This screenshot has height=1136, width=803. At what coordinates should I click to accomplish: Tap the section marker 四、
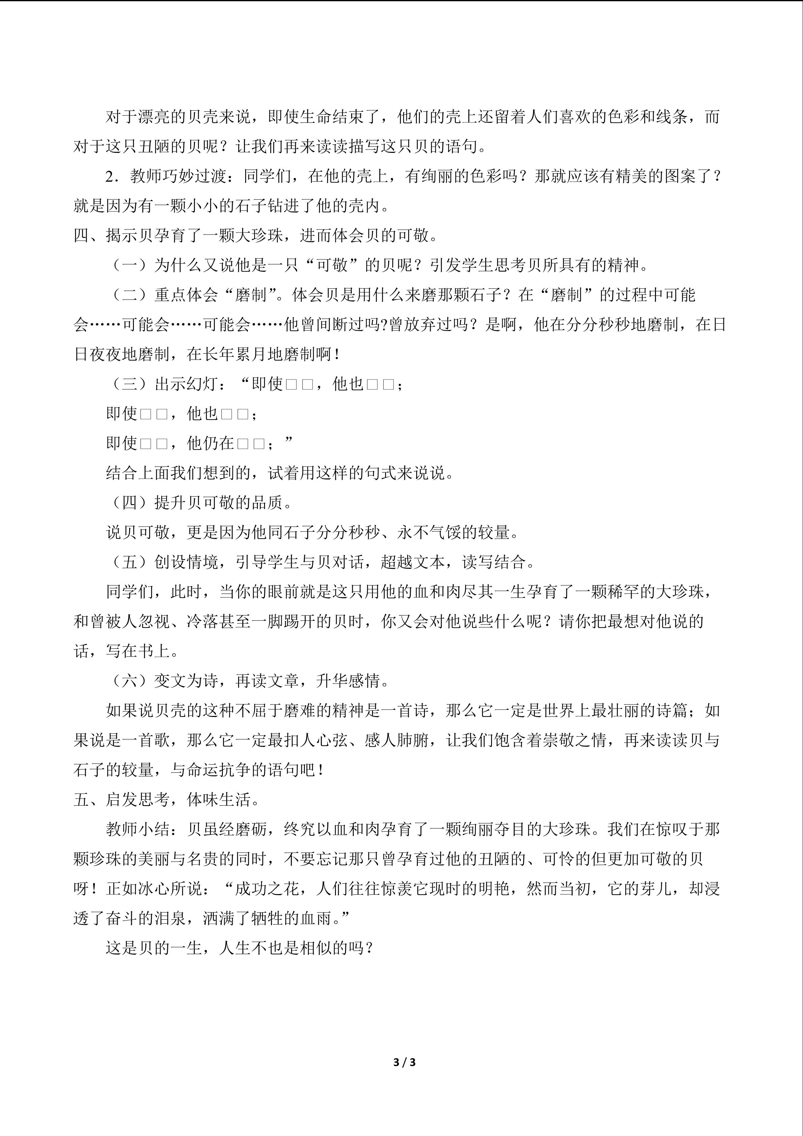[x=89, y=235]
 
